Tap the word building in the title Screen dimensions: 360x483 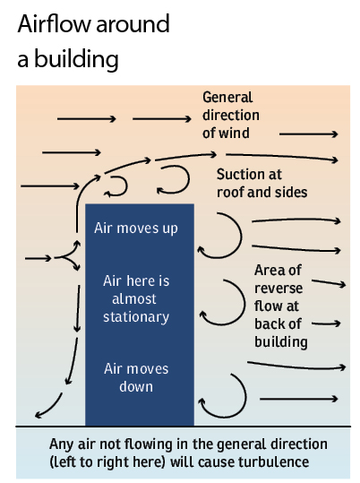(x=76, y=58)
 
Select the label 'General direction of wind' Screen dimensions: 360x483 (x=231, y=116)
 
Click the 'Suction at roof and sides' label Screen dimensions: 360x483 (x=261, y=184)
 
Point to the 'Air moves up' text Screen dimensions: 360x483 (x=136, y=229)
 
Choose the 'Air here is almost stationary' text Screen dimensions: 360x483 (x=136, y=298)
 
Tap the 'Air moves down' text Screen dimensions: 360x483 (x=136, y=377)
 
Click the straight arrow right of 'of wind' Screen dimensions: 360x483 (x=309, y=134)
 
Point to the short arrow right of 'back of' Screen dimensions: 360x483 (x=326, y=323)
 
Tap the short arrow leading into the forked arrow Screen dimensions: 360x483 (x=38, y=258)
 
